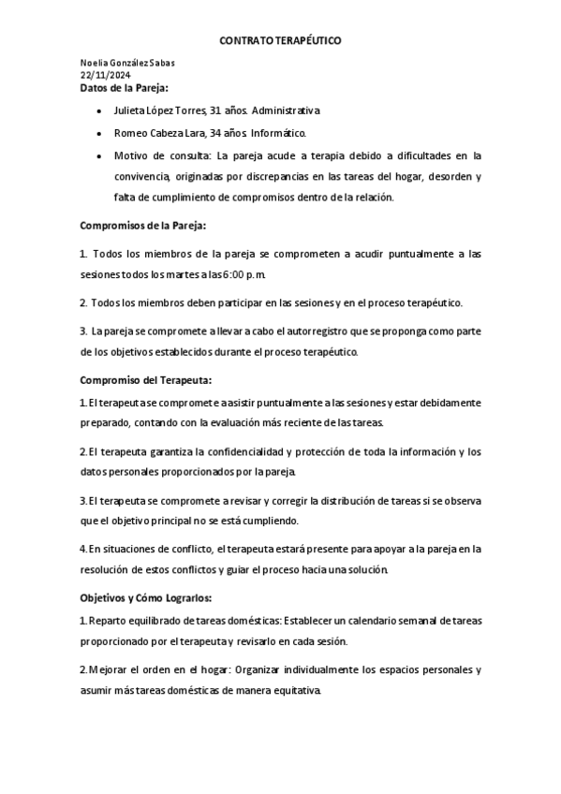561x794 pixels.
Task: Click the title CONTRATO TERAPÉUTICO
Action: coord(280,42)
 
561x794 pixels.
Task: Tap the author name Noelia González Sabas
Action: coord(127,63)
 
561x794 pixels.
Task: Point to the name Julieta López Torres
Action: coord(154,110)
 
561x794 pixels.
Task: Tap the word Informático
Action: coord(279,133)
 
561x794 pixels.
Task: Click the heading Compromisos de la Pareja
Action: coord(142,227)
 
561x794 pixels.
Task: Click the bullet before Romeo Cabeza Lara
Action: coord(99,134)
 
